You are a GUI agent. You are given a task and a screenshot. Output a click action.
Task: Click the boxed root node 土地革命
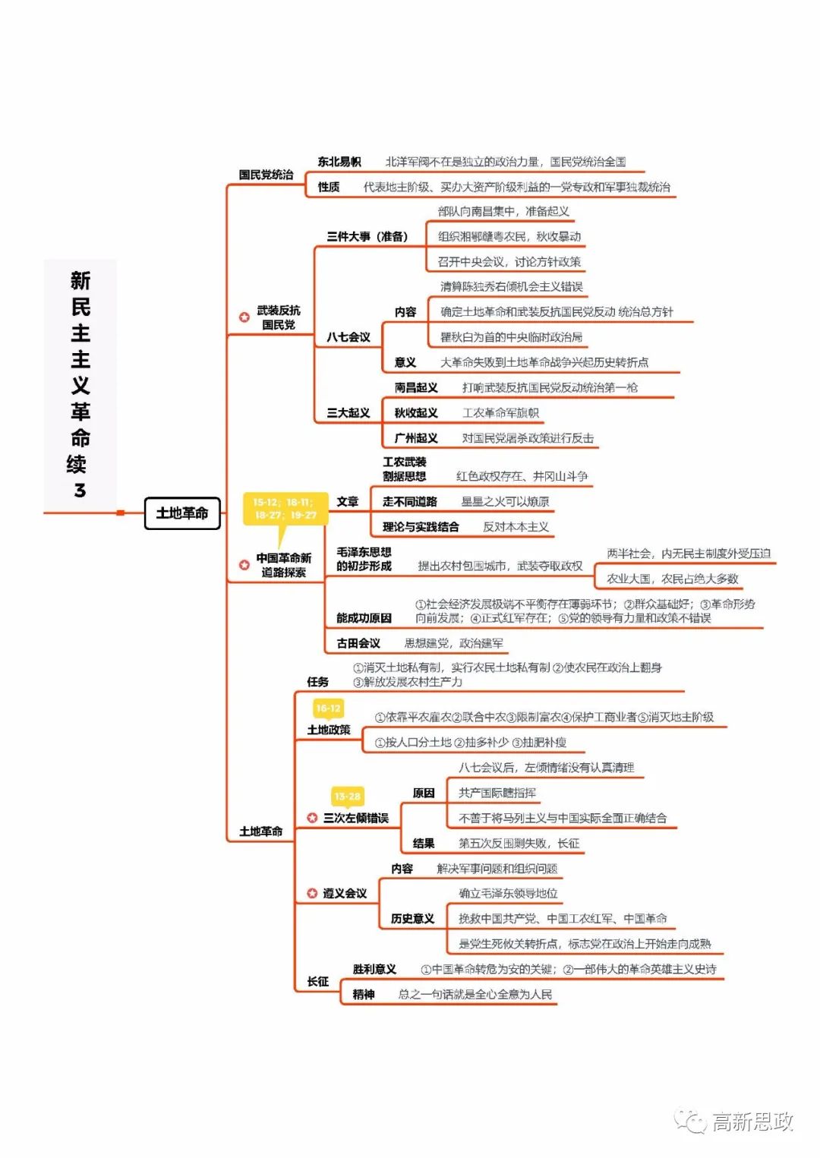coord(182,513)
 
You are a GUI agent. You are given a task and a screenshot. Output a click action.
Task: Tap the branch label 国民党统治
coord(266,175)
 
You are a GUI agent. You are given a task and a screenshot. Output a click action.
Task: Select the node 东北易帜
coord(339,162)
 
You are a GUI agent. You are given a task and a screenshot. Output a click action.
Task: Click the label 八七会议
coord(348,337)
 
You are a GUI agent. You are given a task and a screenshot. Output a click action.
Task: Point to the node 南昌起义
coord(416,388)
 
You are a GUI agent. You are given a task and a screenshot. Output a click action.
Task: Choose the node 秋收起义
coord(416,413)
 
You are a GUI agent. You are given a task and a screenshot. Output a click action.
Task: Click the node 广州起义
coord(416,438)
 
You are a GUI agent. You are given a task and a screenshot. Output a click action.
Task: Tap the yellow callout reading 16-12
coord(328,708)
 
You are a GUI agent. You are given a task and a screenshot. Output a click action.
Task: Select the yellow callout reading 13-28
coord(347,797)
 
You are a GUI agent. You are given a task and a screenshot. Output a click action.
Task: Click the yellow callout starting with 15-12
coord(285,509)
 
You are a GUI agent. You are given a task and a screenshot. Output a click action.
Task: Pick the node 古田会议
coord(358,643)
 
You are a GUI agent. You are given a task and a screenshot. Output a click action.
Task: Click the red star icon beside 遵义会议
coord(312,894)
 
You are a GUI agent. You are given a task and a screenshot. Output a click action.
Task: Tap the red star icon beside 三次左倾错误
coord(312,818)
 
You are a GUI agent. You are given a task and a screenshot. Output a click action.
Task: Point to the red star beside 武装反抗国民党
coord(244,317)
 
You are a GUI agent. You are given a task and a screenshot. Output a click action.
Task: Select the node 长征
coord(318,982)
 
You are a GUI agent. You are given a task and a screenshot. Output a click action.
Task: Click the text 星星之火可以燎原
coord(505,502)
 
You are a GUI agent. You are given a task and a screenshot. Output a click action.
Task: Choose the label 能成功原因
coord(364,618)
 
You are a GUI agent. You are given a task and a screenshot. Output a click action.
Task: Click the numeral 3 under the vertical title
coord(80,491)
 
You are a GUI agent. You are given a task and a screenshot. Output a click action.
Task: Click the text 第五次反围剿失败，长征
coord(519,844)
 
